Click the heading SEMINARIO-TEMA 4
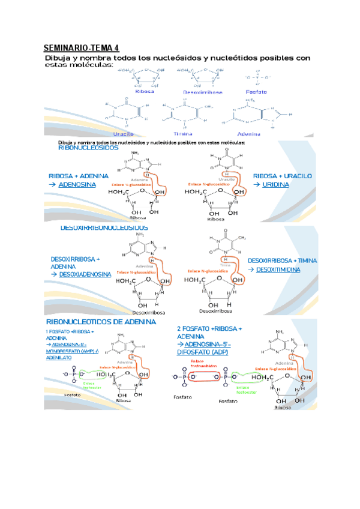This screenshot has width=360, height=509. (82, 47)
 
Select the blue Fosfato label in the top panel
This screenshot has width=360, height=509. (257, 92)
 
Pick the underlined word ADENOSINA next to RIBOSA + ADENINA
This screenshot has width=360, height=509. (78, 185)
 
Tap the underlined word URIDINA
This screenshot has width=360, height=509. (275, 185)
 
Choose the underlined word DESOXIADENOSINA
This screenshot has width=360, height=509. (85, 274)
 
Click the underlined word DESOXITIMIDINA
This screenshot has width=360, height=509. (278, 270)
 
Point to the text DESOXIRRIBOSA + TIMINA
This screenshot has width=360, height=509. (282, 261)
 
